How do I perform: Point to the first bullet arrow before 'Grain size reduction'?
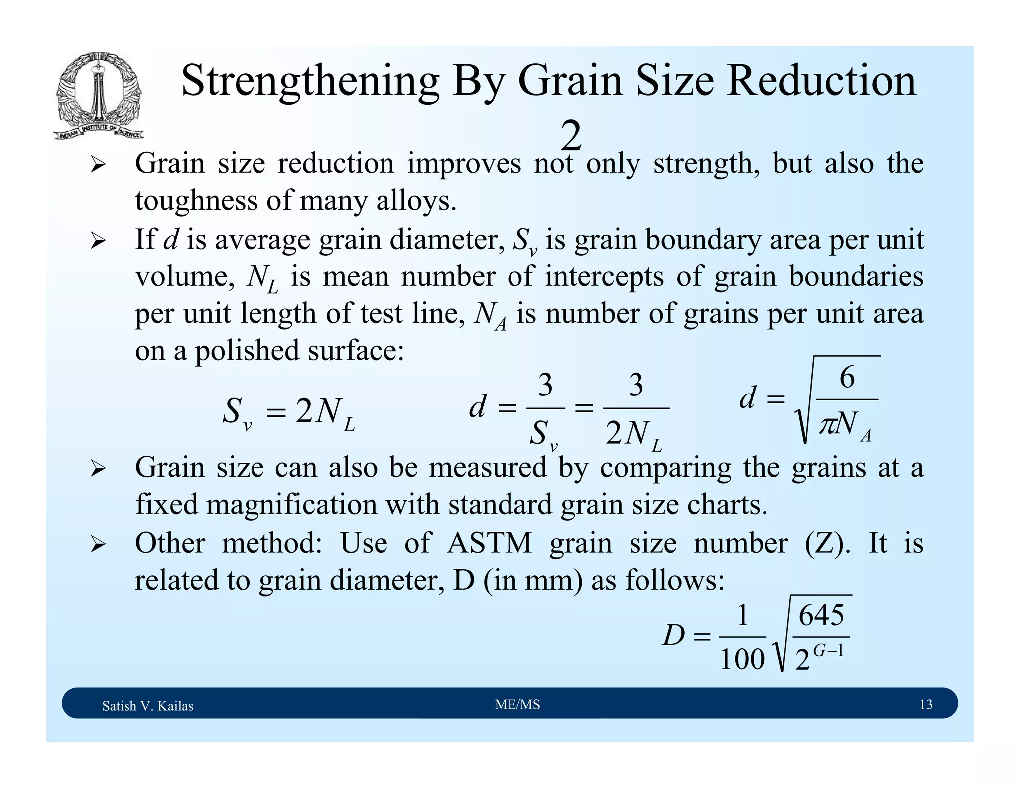pyautogui.click(x=98, y=164)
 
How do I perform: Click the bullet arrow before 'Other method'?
pyautogui.click(x=98, y=544)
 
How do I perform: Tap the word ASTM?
pyautogui.click(x=490, y=543)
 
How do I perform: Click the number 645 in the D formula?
pyautogui.click(x=821, y=615)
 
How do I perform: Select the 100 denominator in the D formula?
pyautogui.click(x=742, y=660)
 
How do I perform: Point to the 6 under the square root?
pyautogui.click(x=847, y=377)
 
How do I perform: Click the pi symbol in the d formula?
pyautogui.click(x=828, y=424)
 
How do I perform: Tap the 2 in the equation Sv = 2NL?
pyautogui.click(x=303, y=411)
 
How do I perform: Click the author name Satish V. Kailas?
pyautogui.click(x=147, y=706)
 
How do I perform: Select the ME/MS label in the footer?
pyautogui.click(x=517, y=704)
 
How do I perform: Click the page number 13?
pyautogui.click(x=926, y=704)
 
